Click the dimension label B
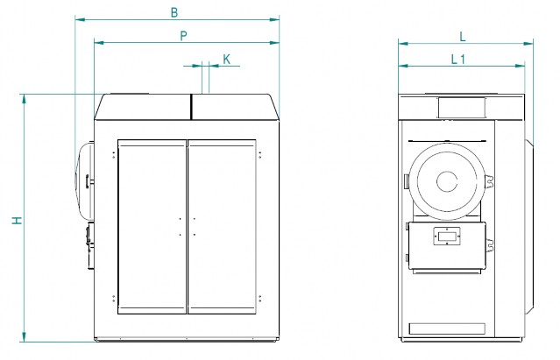174,12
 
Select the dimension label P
183,36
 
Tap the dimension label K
226,60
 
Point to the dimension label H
18,221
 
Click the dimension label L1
458,60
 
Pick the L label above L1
463,37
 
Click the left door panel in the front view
152,227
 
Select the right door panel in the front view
222,227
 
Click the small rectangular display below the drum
447,236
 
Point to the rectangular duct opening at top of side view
462,107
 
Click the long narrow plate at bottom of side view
447,328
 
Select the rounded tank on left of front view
84,181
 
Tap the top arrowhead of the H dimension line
24,98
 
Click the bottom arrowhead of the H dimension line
24,337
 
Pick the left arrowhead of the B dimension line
80,19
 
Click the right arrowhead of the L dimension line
528,44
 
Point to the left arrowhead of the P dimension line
99,42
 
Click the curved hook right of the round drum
489,180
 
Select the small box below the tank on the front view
90,245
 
